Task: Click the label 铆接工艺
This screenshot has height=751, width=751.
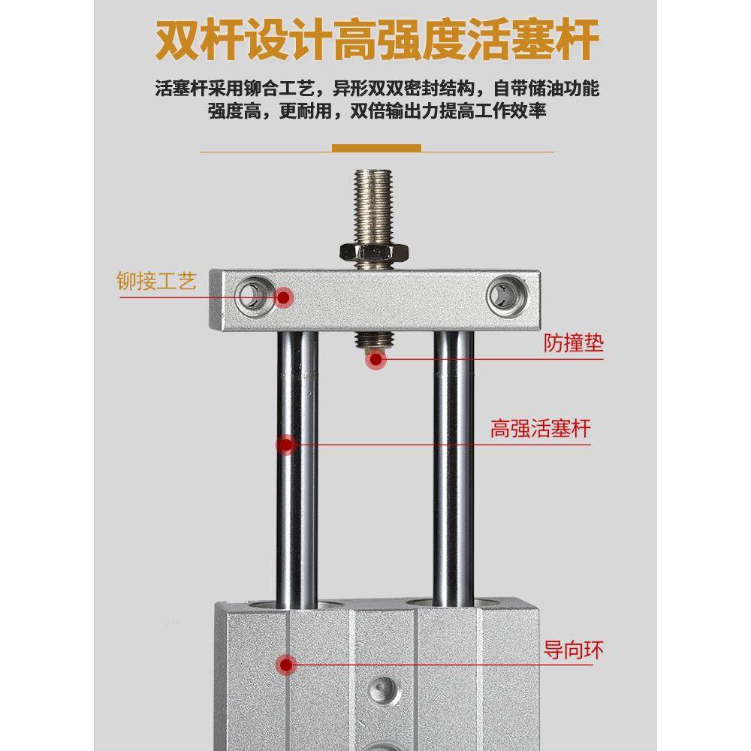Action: coord(156,282)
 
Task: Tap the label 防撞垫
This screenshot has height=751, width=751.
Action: coord(573,344)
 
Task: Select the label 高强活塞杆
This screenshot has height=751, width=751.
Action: coord(540,430)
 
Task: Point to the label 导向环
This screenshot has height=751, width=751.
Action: coord(573,650)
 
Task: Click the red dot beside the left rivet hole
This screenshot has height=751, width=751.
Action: coord(284,297)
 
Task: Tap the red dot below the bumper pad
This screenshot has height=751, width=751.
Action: coord(375,360)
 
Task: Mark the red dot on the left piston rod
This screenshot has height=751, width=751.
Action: coord(285,445)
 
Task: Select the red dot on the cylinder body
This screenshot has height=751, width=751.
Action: coord(285,664)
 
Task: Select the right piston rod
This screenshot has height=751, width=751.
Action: coord(454,466)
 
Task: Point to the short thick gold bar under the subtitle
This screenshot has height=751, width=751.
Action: coord(376,148)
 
